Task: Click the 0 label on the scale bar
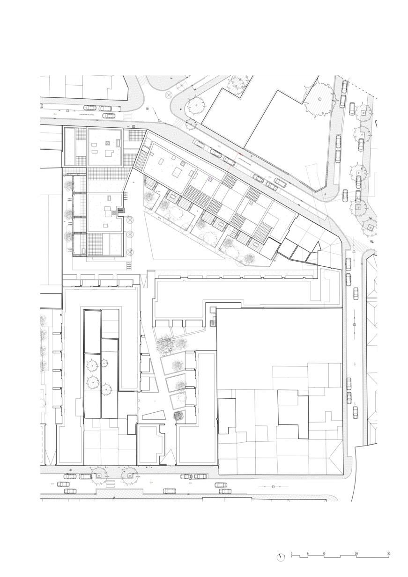tap(291, 554)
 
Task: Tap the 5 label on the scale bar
tap(308, 554)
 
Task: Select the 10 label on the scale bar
tap(324, 554)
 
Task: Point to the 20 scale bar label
tap(356, 554)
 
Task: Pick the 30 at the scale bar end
tap(388, 554)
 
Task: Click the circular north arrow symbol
tap(281, 557)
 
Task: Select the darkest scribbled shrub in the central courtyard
tap(178, 415)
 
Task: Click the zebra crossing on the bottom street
tap(111, 483)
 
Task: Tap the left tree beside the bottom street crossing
tap(99, 475)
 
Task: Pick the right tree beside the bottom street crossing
tap(129, 475)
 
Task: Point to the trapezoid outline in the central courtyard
tap(153, 416)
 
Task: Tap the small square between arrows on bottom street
tap(273, 487)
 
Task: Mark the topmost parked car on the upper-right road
tap(344, 86)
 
